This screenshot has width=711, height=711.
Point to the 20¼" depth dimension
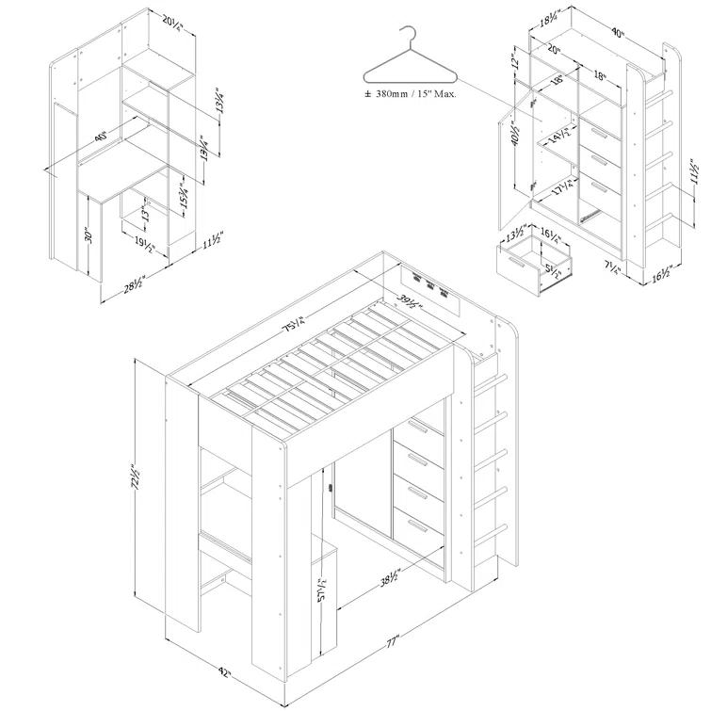point(170,19)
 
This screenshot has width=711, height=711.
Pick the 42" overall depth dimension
point(224,674)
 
